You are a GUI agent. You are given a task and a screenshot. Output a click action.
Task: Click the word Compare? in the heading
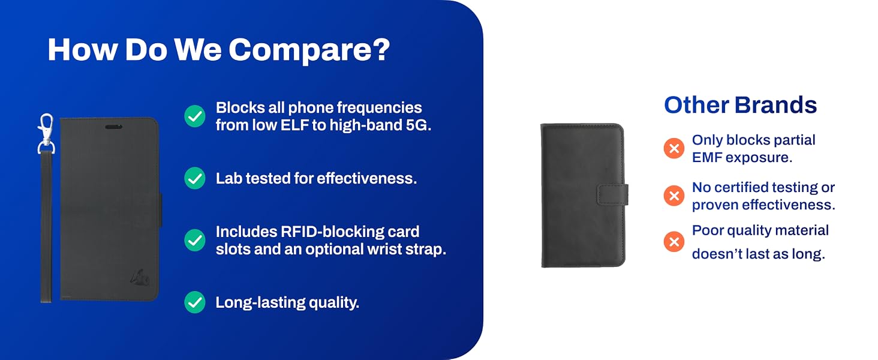[309, 50]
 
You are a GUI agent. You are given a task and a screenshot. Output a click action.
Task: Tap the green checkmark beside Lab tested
[195, 178]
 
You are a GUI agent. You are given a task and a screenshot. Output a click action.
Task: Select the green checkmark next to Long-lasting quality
[195, 302]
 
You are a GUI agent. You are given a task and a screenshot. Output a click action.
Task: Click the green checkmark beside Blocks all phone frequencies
[195, 116]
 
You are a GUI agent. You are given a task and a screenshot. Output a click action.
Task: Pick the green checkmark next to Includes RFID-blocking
[195, 240]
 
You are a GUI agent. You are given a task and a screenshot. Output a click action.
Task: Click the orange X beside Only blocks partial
[673, 148]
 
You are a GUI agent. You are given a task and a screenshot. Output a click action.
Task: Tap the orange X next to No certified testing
[673, 196]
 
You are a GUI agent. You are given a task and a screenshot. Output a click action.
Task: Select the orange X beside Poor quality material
[673, 242]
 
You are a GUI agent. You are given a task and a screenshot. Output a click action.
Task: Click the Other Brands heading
[741, 105]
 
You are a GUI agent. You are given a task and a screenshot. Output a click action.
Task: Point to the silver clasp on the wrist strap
[46, 133]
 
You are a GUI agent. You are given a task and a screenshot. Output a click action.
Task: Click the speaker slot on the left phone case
[114, 127]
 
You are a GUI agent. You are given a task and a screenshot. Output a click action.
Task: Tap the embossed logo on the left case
[140, 277]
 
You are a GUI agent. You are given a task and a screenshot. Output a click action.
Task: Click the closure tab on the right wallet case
[613, 194]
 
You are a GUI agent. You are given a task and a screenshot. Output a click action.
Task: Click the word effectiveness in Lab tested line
[366, 178]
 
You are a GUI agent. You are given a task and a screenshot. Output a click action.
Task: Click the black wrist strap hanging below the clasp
[46, 227]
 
